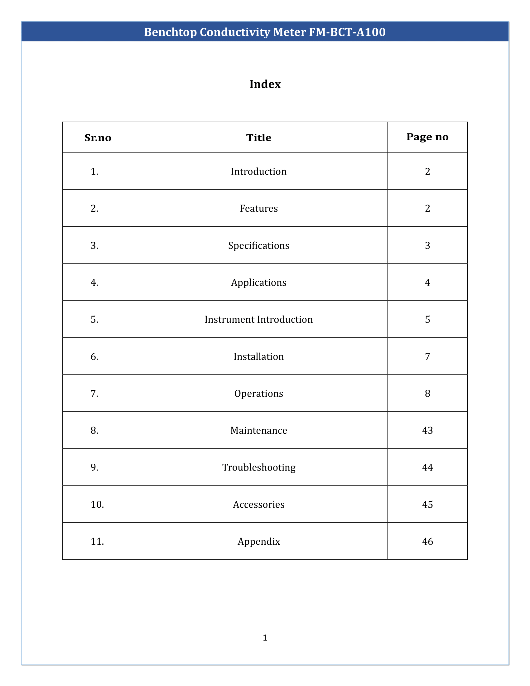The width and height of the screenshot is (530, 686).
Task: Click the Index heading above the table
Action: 265,84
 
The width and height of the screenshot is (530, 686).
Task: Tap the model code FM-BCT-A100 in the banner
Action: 347,32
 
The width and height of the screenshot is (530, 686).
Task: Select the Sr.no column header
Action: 98,138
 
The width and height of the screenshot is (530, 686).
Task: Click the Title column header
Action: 259,138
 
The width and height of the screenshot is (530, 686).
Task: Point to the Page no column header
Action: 427,137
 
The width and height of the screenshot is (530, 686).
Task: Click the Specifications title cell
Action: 259,246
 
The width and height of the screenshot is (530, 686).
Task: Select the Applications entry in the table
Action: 259,283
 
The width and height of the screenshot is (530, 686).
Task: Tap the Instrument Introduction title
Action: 259,319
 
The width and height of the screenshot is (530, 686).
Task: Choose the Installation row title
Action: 259,356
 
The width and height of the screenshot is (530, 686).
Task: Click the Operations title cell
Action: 259,394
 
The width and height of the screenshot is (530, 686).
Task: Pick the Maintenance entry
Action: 259,430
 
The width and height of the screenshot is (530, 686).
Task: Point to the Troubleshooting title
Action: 259,467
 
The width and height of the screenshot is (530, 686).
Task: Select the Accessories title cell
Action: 259,505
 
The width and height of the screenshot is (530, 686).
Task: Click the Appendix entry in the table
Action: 259,542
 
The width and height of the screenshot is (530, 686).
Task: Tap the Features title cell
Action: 259,209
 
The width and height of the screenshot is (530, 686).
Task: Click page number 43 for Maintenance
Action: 427,430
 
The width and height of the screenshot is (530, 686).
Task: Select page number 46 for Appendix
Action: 427,542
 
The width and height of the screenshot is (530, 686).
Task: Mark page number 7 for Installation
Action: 427,356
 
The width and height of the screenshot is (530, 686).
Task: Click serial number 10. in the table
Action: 97,505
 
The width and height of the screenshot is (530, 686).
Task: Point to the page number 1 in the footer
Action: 265,638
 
